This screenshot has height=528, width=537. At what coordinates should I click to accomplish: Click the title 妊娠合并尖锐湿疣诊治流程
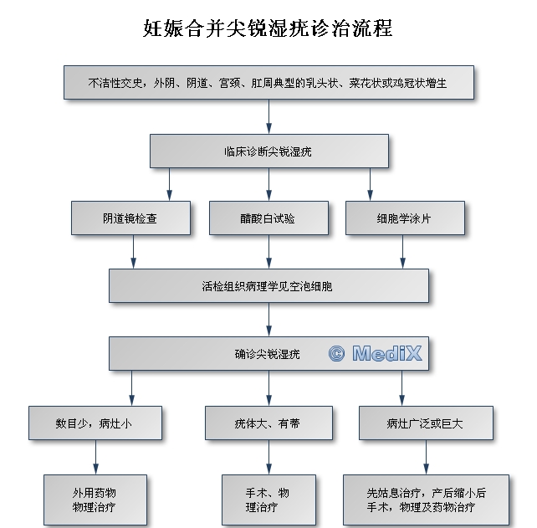point(268,28)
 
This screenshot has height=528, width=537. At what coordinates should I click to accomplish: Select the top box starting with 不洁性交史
point(268,83)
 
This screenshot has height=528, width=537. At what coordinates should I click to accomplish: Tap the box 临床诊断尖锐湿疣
point(268,151)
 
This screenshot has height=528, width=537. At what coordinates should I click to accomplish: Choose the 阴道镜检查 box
point(130,218)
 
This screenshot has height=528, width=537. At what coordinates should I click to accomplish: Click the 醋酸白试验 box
point(268,218)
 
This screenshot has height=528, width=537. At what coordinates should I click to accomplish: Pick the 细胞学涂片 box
point(404,218)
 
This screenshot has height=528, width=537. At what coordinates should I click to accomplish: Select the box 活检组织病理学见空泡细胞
point(268,285)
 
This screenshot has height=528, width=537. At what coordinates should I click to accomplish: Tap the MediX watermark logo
point(376,354)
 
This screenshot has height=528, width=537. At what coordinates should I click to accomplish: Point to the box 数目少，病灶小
point(94,423)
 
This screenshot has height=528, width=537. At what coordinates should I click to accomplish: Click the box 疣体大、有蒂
point(268,423)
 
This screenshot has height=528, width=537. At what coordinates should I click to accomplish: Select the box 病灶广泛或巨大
point(425,423)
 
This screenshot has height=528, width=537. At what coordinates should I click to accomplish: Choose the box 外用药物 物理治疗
point(95,500)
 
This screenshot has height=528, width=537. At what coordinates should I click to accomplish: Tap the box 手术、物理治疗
point(268,500)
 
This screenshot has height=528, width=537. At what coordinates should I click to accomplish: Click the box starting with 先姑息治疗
point(426,500)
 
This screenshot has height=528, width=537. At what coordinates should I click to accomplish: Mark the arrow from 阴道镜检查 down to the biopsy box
point(134,251)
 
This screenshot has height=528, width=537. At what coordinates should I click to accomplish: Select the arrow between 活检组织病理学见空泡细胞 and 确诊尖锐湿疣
point(268,319)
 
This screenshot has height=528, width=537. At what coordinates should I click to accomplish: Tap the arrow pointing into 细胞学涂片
point(371,185)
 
